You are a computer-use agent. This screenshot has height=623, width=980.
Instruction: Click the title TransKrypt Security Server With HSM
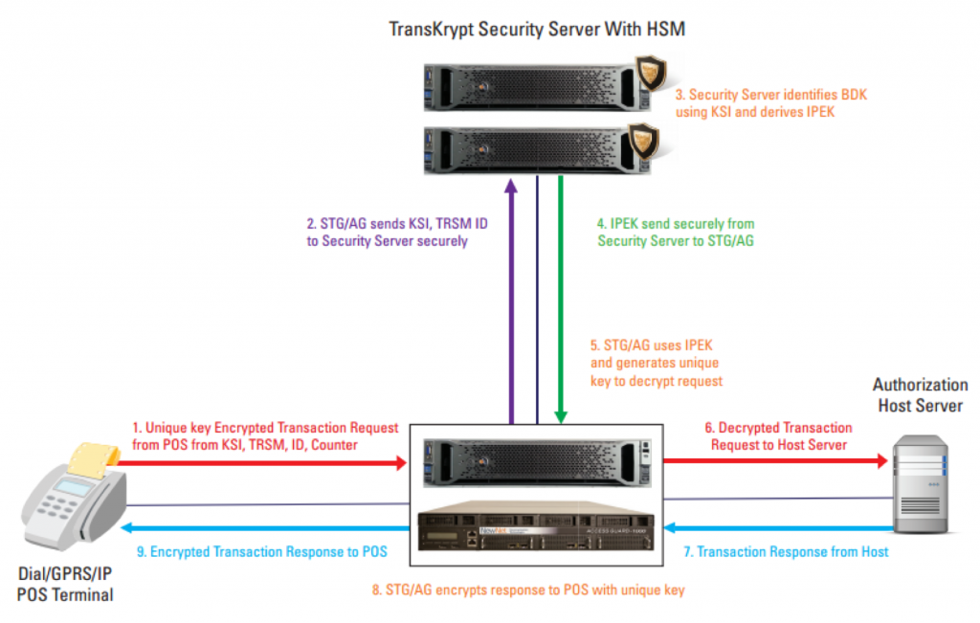pyautogui.click(x=537, y=30)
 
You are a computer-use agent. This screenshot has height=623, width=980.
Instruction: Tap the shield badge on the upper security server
pyautogui.click(x=651, y=73)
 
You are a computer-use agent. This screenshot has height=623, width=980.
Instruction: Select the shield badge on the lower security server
pyautogui.click(x=644, y=140)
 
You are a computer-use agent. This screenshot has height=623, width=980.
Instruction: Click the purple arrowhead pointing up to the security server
pyautogui.click(x=511, y=186)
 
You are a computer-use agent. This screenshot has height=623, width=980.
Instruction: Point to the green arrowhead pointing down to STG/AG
pyautogui.click(x=561, y=417)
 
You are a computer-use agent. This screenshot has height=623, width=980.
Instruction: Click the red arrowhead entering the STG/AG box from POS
pyautogui.click(x=401, y=463)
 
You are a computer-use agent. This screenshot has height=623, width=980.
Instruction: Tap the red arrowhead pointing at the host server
pyautogui.click(x=881, y=461)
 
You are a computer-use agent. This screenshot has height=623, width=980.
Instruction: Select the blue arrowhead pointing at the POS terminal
pyautogui.click(x=126, y=528)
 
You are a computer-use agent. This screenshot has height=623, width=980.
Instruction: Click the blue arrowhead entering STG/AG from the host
pyautogui.click(x=670, y=528)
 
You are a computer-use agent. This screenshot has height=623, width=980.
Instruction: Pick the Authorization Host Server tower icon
pyautogui.click(x=921, y=484)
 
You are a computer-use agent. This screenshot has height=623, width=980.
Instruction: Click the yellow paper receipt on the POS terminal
pyautogui.click(x=93, y=459)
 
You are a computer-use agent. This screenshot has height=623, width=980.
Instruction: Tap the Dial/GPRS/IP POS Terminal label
pyautogui.click(x=65, y=585)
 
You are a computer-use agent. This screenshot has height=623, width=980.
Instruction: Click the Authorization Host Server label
pyautogui.click(x=920, y=395)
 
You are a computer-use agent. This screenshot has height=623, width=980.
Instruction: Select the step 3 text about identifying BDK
pyautogui.click(x=770, y=103)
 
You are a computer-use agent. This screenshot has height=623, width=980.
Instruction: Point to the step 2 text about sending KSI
pyautogui.click(x=397, y=232)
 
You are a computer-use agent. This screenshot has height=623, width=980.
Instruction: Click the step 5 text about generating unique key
pyautogui.click(x=657, y=363)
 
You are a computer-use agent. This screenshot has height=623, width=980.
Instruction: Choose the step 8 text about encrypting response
pyautogui.click(x=528, y=590)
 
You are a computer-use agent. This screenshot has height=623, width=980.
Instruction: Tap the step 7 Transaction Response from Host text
pyautogui.click(x=786, y=552)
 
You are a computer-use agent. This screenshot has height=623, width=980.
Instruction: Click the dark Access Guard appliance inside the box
pyautogui.click(x=536, y=526)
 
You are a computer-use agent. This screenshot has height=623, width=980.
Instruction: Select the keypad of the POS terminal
pyautogui.click(x=57, y=505)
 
